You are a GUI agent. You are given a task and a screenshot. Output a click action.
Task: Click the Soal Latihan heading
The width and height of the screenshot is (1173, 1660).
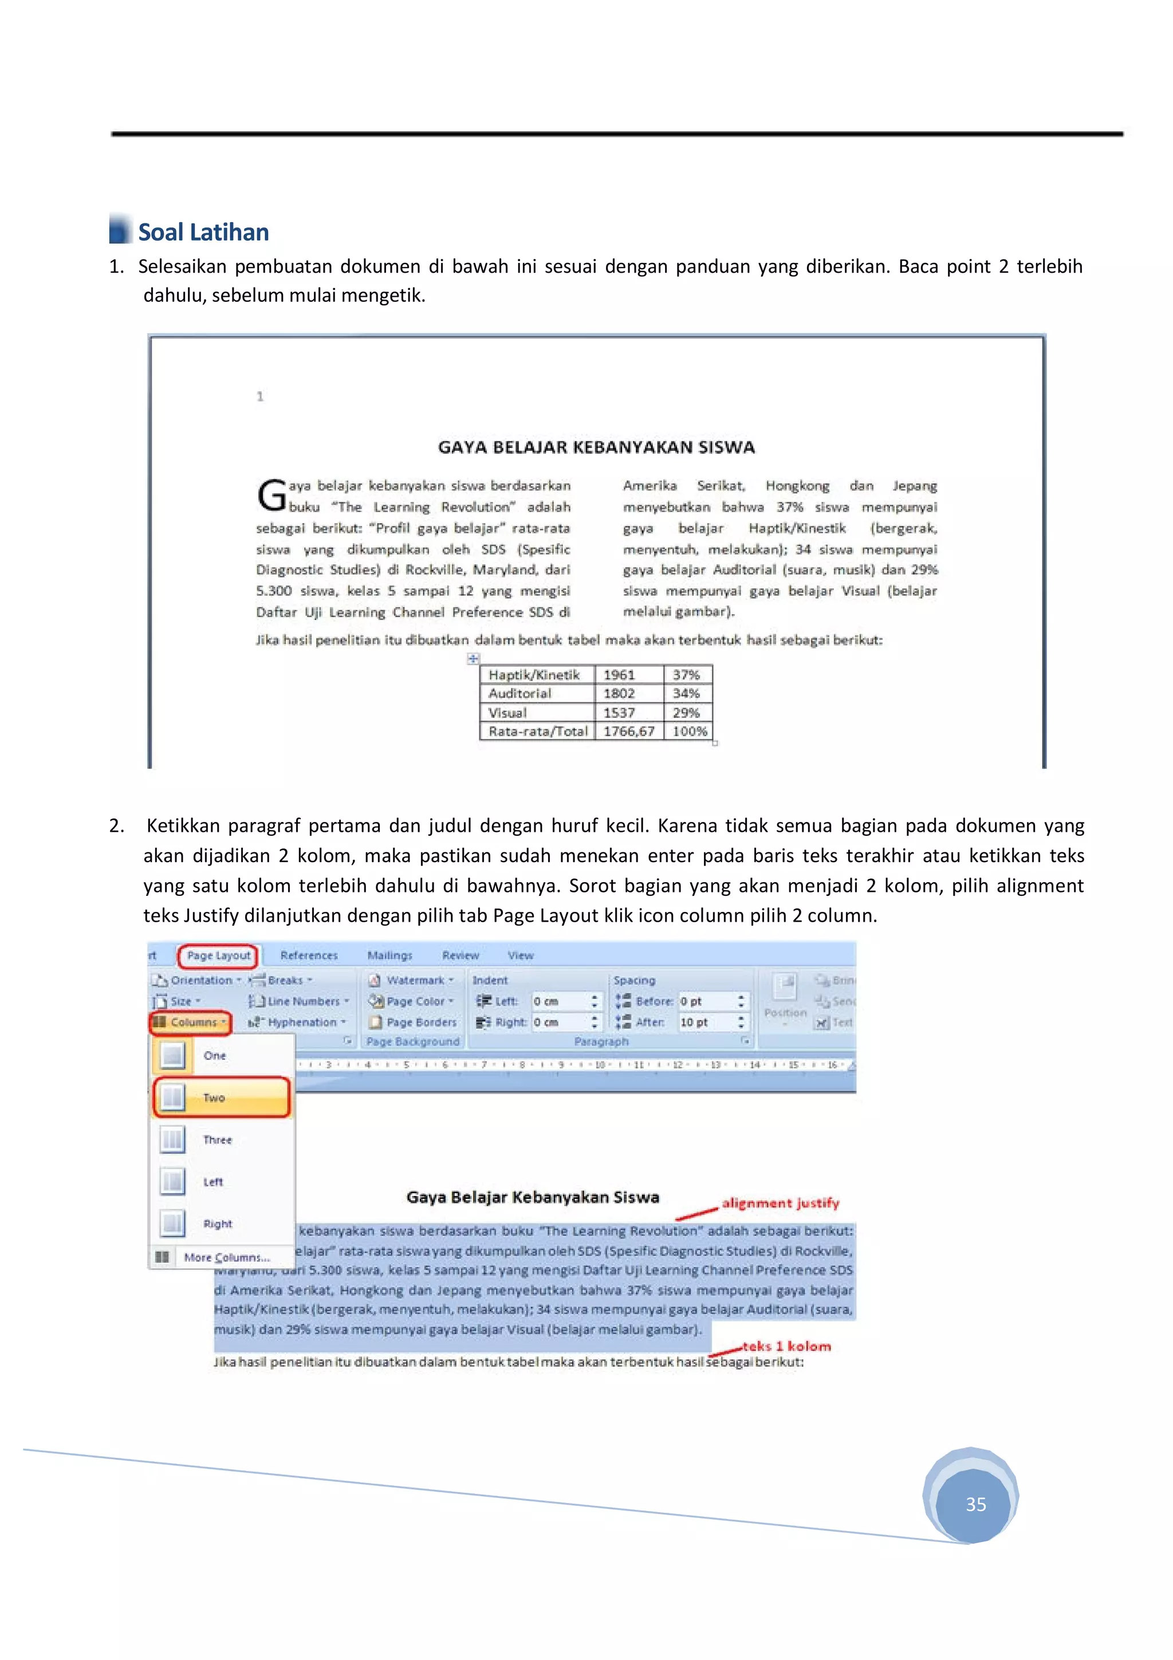pos(203,232)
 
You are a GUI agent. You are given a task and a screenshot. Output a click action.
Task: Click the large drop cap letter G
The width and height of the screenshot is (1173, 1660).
pos(271,495)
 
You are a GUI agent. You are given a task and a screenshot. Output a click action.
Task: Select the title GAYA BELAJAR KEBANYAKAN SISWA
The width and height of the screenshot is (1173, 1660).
pos(596,447)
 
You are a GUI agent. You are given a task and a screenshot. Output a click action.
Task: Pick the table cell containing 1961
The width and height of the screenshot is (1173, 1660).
pos(619,675)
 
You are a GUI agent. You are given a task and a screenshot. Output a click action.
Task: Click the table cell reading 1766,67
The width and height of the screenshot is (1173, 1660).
pos(628,731)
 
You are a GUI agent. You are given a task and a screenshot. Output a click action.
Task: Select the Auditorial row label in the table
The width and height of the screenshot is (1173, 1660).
pos(519,693)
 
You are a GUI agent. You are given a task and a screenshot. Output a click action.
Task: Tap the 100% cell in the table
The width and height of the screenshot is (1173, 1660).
pos(689,731)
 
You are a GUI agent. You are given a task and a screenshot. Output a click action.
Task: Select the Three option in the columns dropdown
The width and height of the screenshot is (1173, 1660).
pos(217,1139)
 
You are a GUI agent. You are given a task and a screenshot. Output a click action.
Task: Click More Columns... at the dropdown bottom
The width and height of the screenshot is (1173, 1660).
pos(226,1257)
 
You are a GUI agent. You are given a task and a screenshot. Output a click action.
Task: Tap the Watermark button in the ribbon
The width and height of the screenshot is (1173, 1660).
pos(414,981)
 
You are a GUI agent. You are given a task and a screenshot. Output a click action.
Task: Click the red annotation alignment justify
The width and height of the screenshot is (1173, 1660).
pos(780,1203)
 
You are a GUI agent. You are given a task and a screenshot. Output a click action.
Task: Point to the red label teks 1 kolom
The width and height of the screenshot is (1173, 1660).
pos(786,1346)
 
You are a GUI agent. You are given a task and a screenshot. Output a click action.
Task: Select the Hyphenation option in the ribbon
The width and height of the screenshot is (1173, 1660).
pos(301,1022)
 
